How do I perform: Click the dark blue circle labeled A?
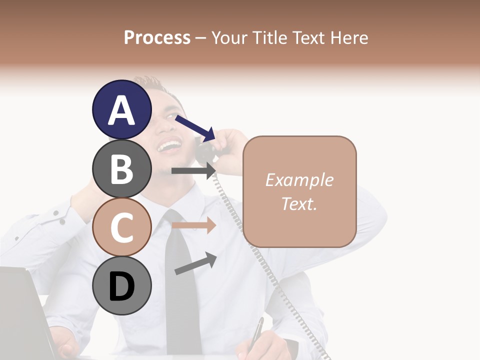tap(122, 110)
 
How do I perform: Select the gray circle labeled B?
tap(122, 168)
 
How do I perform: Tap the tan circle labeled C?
tap(122, 227)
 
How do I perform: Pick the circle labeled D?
tap(122, 285)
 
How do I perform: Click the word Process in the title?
tap(157, 37)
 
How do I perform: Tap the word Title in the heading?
tap(270, 37)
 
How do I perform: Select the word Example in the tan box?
tap(299, 180)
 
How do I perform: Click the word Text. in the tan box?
tap(299, 203)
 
